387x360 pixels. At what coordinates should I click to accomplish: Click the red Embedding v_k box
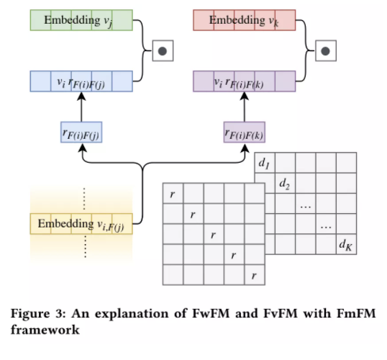point(245,20)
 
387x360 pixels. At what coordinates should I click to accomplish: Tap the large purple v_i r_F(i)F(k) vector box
point(245,81)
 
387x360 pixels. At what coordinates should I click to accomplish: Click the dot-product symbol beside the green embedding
point(163,50)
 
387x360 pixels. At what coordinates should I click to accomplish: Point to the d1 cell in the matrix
point(265,163)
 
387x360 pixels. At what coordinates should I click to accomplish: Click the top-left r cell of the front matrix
point(173,194)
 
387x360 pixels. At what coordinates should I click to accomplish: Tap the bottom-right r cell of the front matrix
point(254,276)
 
